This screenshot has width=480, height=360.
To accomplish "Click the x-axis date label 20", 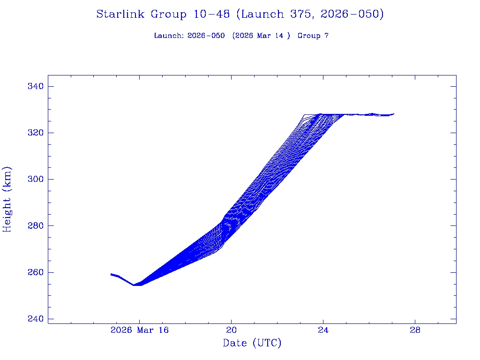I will coord(231,330).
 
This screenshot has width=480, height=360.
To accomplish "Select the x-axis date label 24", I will coord(323,330).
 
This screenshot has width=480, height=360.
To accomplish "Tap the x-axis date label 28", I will coord(415,330).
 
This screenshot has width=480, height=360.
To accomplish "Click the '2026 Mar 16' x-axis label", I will coord(139,330).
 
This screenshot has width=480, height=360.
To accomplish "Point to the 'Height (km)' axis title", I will coord(7,199).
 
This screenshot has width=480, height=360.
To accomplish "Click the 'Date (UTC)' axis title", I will coord(252,344).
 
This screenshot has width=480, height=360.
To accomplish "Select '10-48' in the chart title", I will coord(211,15).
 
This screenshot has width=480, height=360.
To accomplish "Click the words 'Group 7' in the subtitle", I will coord(313,36).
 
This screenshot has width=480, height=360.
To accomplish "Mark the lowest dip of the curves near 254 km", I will coord(134,285).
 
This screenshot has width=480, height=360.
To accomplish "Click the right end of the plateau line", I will coord(394,114).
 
